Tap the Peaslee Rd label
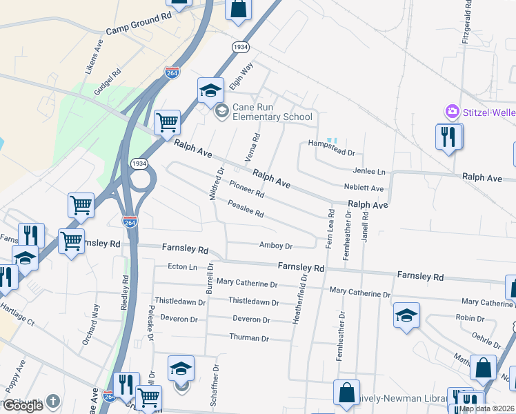click(246, 209)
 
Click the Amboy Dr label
click(276, 246)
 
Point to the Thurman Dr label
click(250, 338)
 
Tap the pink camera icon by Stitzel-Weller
click(452, 111)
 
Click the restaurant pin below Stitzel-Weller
click(448, 137)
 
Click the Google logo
click(23, 406)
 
